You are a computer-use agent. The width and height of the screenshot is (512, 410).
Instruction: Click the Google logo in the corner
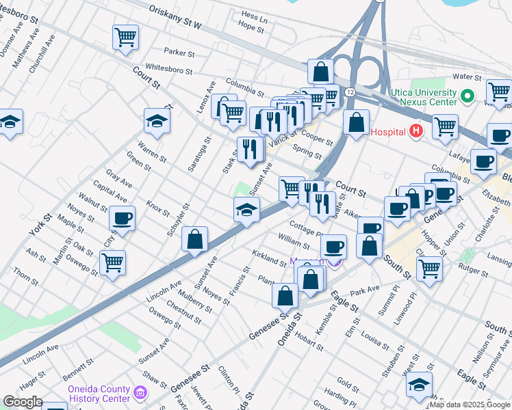pos(22,402)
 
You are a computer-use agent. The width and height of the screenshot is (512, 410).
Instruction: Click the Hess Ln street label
pos(254,16)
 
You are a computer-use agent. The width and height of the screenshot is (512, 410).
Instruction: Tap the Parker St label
pos(180,53)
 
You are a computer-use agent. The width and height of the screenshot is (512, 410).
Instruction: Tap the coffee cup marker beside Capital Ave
pos(123,219)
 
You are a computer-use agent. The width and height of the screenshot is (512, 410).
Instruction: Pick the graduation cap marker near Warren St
pos(157,122)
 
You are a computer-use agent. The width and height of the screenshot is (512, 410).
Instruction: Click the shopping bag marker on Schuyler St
pos(195,239)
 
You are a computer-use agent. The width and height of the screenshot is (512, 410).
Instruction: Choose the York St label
pos(40,226)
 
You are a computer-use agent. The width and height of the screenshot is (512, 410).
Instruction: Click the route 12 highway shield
pos(350,92)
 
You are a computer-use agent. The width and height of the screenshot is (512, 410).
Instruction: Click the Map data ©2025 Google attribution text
pos(470,405)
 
